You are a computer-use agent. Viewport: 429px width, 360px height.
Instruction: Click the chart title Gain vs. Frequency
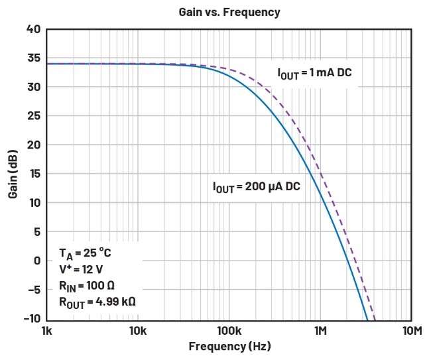(229, 12)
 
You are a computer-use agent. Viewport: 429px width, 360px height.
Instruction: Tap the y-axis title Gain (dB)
(13, 175)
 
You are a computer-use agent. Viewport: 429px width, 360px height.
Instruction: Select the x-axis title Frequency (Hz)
(229, 346)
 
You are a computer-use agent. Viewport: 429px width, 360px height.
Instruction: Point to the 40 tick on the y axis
(33, 29)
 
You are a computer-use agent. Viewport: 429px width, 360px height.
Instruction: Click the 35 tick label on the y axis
(33, 58)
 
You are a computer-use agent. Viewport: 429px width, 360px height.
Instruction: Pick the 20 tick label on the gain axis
(33, 145)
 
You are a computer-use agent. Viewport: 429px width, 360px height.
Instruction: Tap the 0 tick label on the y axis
(36, 261)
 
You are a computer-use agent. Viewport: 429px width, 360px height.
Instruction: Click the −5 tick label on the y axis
(32, 290)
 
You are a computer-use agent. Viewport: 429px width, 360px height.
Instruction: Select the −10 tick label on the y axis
(31, 319)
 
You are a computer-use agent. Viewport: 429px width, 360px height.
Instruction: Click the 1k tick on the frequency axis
(46, 331)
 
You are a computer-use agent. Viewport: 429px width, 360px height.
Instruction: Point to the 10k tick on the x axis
(137, 331)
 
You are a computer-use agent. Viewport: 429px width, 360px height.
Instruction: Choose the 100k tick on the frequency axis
(229, 331)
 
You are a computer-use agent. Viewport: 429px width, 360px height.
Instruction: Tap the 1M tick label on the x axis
(320, 331)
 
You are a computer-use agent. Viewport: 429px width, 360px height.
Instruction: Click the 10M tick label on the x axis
(412, 331)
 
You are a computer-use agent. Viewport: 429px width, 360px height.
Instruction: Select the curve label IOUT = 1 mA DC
(314, 73)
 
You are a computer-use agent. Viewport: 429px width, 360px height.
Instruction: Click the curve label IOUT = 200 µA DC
(257, 188)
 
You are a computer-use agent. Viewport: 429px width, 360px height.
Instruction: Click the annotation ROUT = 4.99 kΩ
(97, 302)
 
